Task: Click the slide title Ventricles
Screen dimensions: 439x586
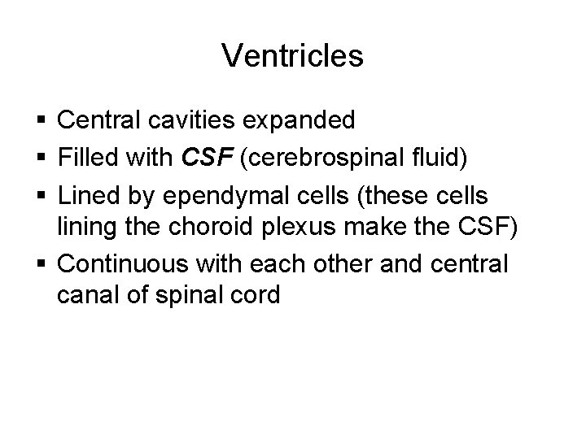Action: (x=292, y=56)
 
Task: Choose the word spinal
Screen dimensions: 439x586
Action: (x=186, y=295)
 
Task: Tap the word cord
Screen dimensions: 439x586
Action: (x=252, y=295)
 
